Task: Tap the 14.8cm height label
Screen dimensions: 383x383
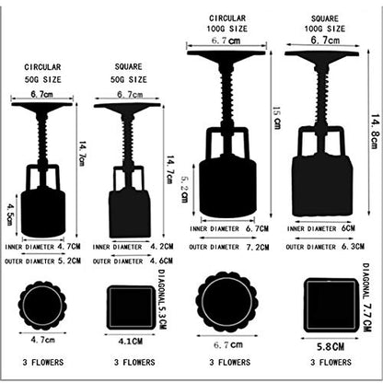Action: point(375,132)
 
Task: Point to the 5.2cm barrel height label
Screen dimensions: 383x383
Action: point(184,189)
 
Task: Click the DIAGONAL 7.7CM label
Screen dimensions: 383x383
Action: point(366,297)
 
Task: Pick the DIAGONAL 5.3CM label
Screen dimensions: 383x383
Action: point(162,299)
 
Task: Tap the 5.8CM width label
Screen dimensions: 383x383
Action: point(331,347)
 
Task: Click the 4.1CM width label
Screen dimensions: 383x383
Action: point(131,341)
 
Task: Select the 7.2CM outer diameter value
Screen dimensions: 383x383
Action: point(258,248)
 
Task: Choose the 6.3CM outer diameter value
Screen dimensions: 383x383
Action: point(353,247)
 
